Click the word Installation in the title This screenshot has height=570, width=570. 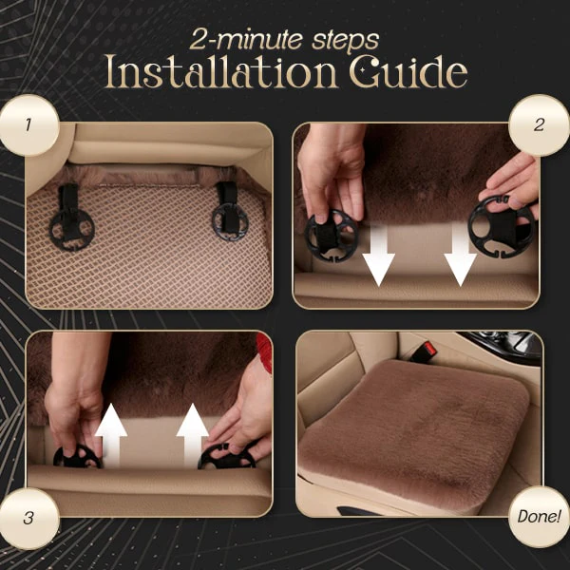click(221, 71)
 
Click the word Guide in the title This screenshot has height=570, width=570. click(408, 71)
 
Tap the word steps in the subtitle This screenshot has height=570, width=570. click(346, 40)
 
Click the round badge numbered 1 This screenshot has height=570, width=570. click(28, 125)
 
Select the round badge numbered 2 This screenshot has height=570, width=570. click(540, 125)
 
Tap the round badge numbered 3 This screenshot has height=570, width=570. click(28, 519)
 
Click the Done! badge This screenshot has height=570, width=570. click(540, 516)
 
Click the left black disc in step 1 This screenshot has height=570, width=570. click(71, 230)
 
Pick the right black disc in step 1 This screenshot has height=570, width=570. click(230, 222)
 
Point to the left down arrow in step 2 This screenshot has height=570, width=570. click(378, 256)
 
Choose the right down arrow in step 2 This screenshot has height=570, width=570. click(460, 256)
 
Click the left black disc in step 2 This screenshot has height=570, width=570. click(332, 236)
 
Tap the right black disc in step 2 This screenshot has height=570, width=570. click(502, 226)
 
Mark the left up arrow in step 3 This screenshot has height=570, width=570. click(111, 435)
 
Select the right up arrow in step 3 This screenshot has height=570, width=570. click(192, 435)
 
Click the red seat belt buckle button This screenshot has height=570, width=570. click(429, 350)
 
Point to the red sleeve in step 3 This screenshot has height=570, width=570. click(264, 351)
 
